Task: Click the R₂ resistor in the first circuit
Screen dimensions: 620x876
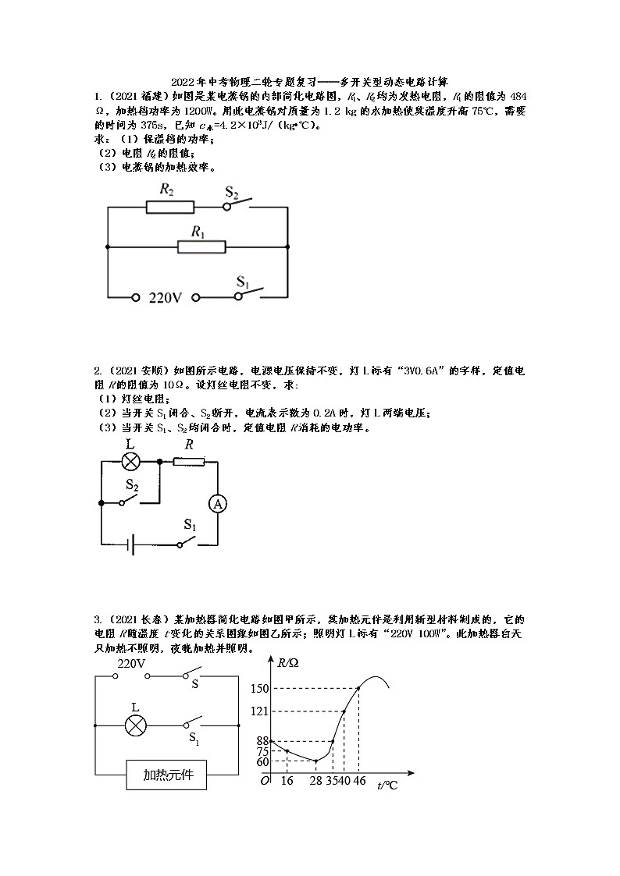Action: pos(169,207)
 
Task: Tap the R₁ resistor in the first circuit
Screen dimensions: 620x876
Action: pos(201,247)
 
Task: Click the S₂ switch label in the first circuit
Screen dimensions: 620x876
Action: pos(232,191)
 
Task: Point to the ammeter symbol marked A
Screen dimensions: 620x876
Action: pos(218,504)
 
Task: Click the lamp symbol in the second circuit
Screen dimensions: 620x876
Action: pos(130,462)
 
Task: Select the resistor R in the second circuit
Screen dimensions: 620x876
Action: pos(188,462)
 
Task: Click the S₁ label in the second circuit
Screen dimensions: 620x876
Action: pos(190,524)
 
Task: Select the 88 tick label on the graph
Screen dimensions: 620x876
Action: pos(262,741)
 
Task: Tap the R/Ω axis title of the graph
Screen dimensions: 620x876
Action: pos(288,663)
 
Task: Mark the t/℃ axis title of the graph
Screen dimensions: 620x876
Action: pos(387,786)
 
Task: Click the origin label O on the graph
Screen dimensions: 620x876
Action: pos(265,781)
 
